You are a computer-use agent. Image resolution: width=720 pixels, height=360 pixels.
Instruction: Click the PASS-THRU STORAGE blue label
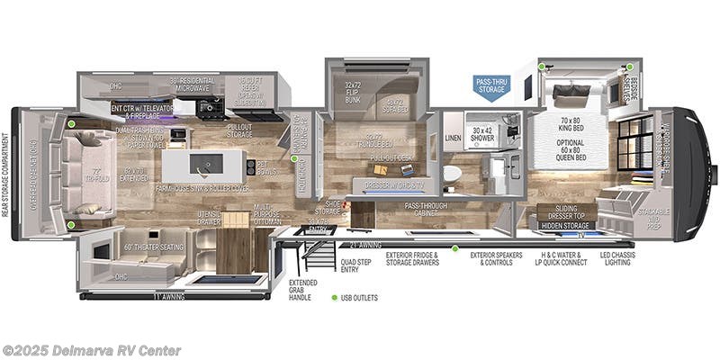493,85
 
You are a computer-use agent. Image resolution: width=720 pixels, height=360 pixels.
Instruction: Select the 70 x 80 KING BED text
571,122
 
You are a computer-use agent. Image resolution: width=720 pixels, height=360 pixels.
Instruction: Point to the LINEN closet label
453,138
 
